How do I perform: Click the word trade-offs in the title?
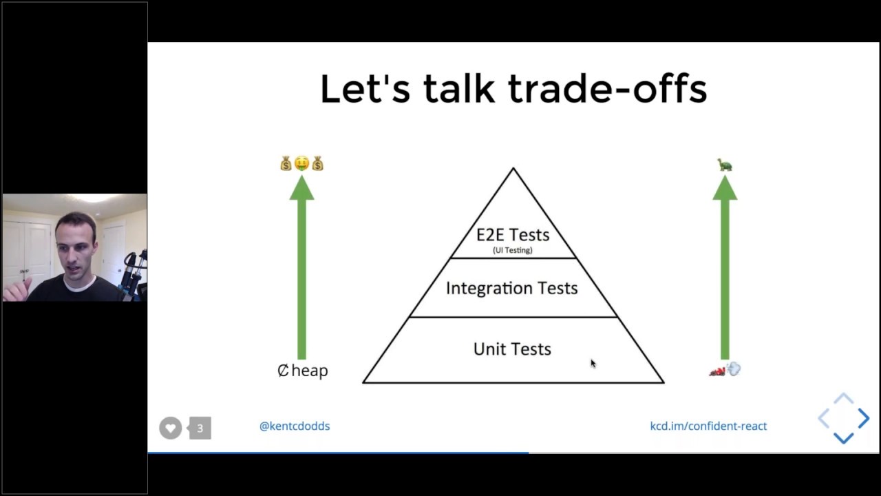(608, 89)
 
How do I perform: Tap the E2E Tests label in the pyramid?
(513, 234)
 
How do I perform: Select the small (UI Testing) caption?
(513, 250)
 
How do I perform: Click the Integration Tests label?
(511, 288)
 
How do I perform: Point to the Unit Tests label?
(512, 349)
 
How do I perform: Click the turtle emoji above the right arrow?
(725, 165)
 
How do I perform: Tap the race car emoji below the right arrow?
(718, 371)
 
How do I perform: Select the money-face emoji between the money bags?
(301, 164)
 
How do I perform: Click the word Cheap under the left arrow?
(303, 371)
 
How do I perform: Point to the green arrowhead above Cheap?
(301, 188)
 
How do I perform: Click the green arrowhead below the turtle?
(725, 188)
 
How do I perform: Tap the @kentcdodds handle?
(295, 426)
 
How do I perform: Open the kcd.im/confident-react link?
(708, 426)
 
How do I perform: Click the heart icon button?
(171, 428)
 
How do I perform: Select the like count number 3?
(200, 428)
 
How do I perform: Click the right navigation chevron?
(864, 418)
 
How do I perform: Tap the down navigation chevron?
(844, 437)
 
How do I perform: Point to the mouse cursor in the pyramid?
(593, 363)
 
